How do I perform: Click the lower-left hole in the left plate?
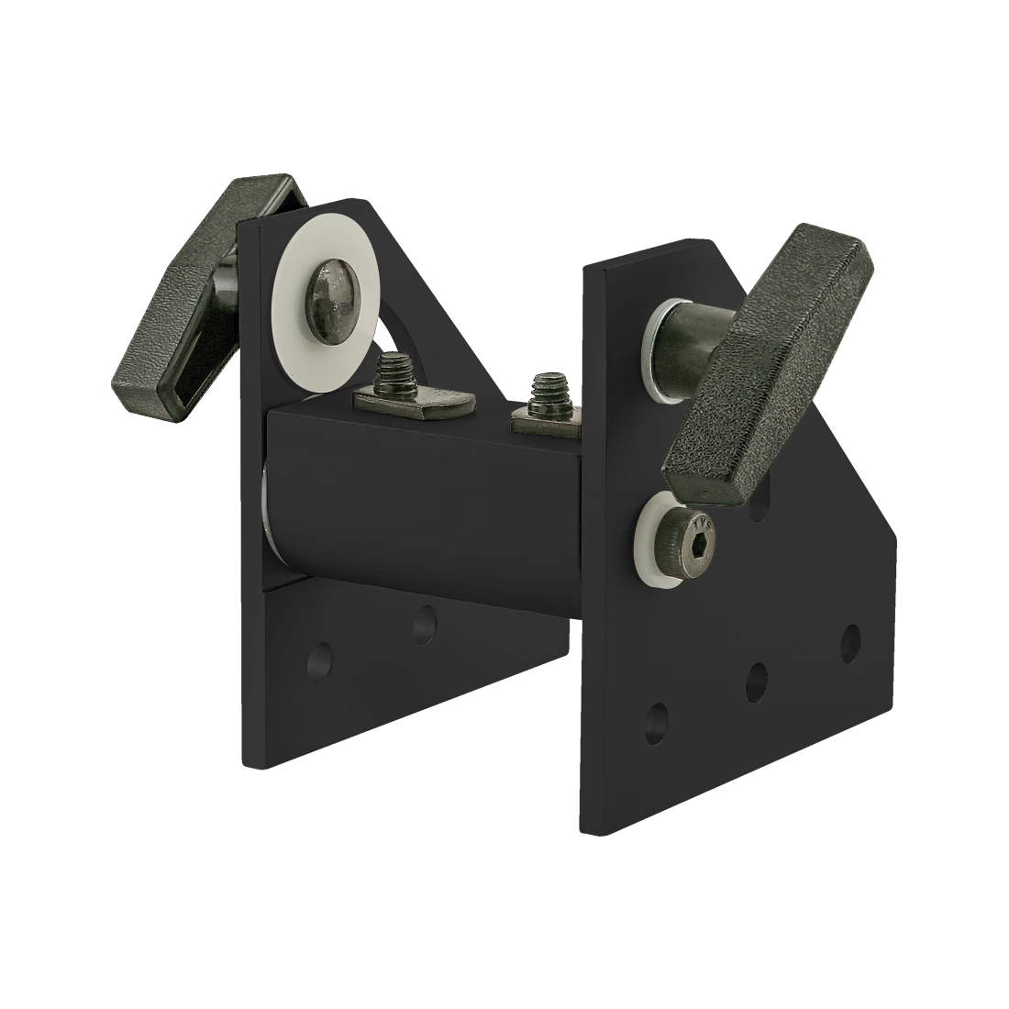pyautogui.click(x=318, y=661)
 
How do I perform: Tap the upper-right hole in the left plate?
pyautogui.click(x=424, y=625)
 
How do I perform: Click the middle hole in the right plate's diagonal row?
pyautogui.click(x=757, y=680)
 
